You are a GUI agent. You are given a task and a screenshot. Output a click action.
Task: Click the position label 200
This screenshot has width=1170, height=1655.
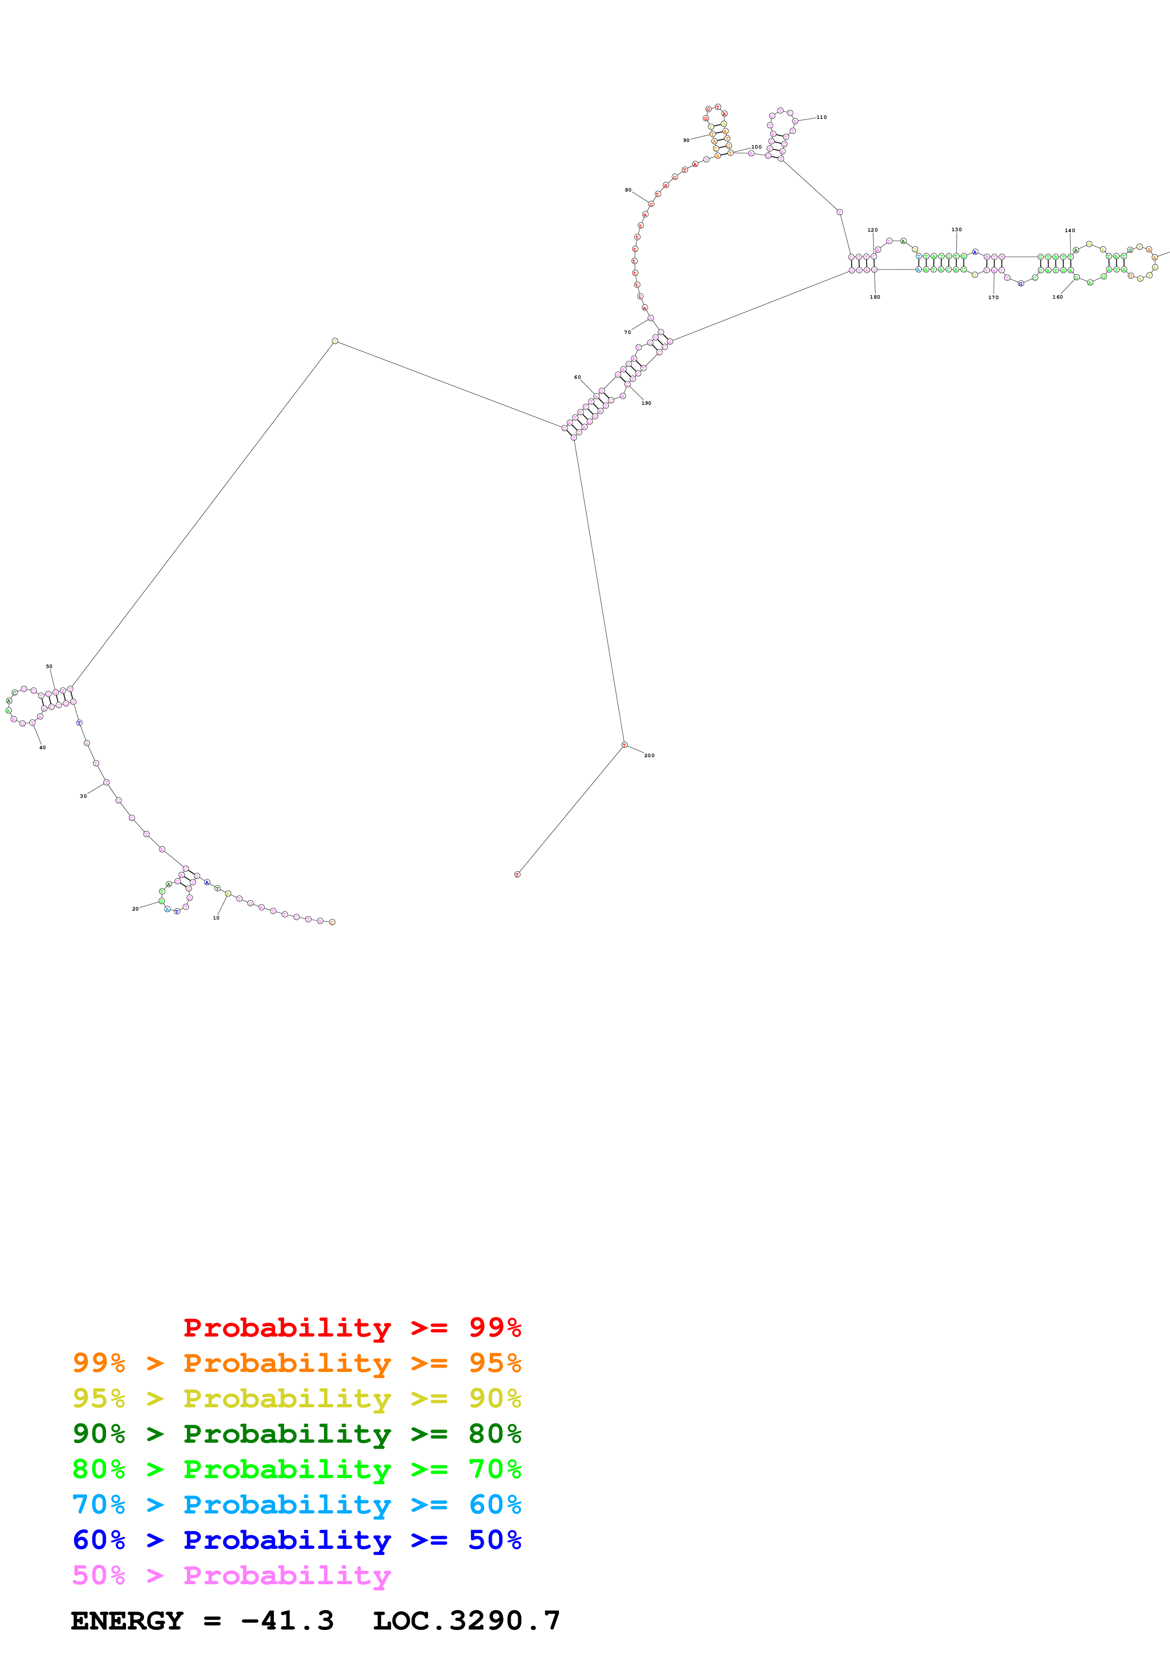coord(649,755)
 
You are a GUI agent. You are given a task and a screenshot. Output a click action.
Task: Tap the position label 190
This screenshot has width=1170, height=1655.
coord(646,403)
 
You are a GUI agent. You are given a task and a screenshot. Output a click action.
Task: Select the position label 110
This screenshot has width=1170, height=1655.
coord(821,117)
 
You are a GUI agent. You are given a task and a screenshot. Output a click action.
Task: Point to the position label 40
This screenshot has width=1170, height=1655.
coord(42,747)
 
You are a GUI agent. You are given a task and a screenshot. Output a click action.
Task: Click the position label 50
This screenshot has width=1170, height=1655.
coord(49,667)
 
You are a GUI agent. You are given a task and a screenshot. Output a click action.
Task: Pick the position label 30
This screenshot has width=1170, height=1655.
coord(83,796)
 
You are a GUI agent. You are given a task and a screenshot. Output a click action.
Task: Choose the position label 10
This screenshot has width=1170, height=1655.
coord(216,918)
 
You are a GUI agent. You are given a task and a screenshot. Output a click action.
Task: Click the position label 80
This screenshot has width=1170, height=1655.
coord(628,190)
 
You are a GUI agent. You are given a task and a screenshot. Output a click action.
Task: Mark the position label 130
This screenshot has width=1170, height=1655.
coord(956,230)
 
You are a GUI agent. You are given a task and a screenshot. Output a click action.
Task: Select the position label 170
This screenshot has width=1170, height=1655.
coord(993,297)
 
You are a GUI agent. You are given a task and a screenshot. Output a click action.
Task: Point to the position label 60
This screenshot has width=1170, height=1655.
coord(577,377)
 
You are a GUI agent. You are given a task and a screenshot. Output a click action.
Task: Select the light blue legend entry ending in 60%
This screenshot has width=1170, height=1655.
coord(296,1505)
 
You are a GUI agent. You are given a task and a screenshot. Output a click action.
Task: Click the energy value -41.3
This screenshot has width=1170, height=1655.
coord(287,1621)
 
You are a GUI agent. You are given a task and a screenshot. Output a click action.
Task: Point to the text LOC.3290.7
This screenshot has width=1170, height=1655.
coord(466,1621)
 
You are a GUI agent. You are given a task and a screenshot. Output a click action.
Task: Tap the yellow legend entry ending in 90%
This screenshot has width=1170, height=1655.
coord(296,1398)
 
